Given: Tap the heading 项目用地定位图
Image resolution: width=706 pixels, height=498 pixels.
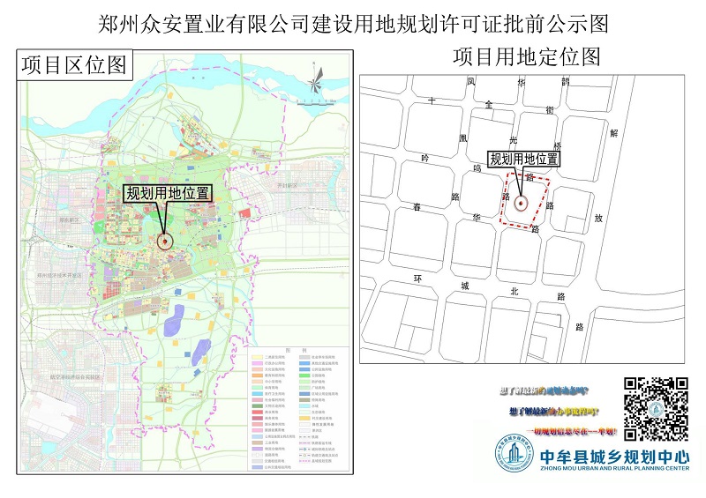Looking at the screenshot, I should coord(526,57).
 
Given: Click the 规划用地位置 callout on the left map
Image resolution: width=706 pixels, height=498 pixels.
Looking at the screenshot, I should coord(169,193).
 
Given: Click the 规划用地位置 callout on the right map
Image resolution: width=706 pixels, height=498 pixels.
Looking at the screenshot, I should coord(524,159).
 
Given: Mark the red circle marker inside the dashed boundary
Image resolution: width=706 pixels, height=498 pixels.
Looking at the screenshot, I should coord(522,203).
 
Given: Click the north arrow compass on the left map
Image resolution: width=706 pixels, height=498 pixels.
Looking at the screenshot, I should coord(314,86).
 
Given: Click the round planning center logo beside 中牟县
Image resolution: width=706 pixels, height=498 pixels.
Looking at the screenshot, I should coord(514,457).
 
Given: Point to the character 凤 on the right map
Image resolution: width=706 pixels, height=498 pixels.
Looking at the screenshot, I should coord(472,81).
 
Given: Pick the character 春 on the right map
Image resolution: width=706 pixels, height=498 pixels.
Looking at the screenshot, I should coord(417,208).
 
